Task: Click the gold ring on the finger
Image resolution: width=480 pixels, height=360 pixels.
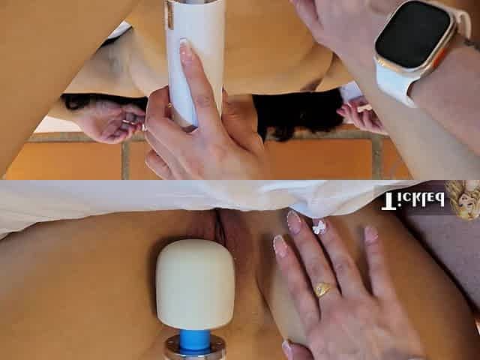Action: [x=322, y=289]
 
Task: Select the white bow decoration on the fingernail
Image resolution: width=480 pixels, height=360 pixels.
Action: [x=319, y=226]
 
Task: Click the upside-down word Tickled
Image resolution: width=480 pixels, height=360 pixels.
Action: [x=412, y=201]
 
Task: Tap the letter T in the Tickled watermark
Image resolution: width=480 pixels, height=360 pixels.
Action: [x=388, y=202]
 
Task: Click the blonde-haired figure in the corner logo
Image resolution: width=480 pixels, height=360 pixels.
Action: [x=462, y=199]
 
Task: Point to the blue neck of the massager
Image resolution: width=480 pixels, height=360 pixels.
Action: [x=195, y=339]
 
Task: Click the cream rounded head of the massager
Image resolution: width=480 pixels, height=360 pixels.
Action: [x=195, y=284]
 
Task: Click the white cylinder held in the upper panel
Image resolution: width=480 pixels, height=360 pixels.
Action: [x=195, y=58]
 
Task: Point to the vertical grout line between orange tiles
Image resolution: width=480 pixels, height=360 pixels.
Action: [x=125, y=160]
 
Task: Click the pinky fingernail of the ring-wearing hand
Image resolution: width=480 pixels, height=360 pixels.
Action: [x=371, y=234]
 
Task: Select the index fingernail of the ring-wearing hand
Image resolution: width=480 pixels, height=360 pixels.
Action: [x=280, y=245]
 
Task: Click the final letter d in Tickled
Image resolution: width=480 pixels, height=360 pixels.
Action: [x=438, y=200]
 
